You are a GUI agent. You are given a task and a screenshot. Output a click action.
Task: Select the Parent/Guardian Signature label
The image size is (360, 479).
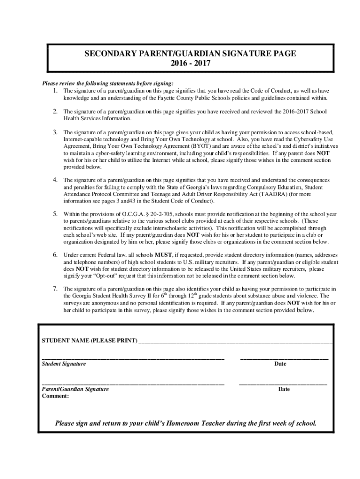pos(75,389)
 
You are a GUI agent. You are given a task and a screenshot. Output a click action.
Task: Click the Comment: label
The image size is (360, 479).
pos(55,396)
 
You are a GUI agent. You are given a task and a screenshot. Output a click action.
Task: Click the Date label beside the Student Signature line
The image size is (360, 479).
pos(280,363)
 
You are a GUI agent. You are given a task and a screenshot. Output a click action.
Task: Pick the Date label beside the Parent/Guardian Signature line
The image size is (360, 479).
pos(284,389)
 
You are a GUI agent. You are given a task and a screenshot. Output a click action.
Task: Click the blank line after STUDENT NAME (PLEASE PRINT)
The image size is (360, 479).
pos(236,341)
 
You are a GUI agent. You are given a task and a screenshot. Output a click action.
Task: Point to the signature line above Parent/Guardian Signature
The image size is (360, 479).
pos(133,383)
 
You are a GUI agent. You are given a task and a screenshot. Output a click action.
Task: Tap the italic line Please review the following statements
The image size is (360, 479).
pos(108,83)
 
